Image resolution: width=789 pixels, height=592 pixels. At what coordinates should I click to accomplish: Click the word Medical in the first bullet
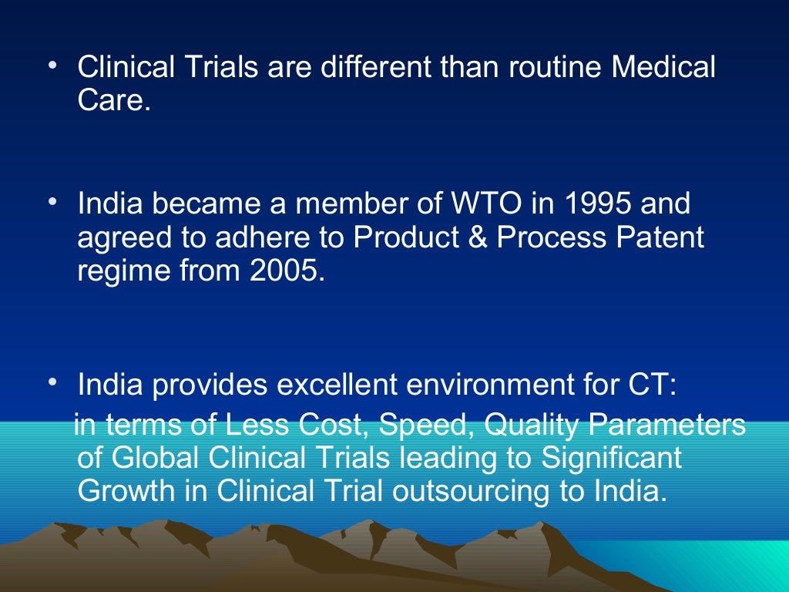[663, 68]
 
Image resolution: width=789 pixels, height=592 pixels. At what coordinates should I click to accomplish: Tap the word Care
[112, 101]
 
